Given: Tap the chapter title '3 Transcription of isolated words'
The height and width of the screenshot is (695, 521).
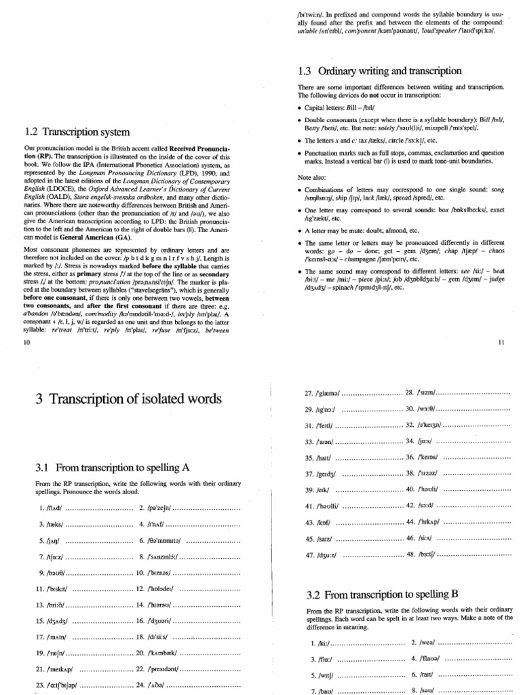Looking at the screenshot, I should [128, 400].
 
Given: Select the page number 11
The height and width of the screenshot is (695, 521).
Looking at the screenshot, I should [501, 343].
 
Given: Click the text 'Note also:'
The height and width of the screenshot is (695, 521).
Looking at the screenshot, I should [312, 176].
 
